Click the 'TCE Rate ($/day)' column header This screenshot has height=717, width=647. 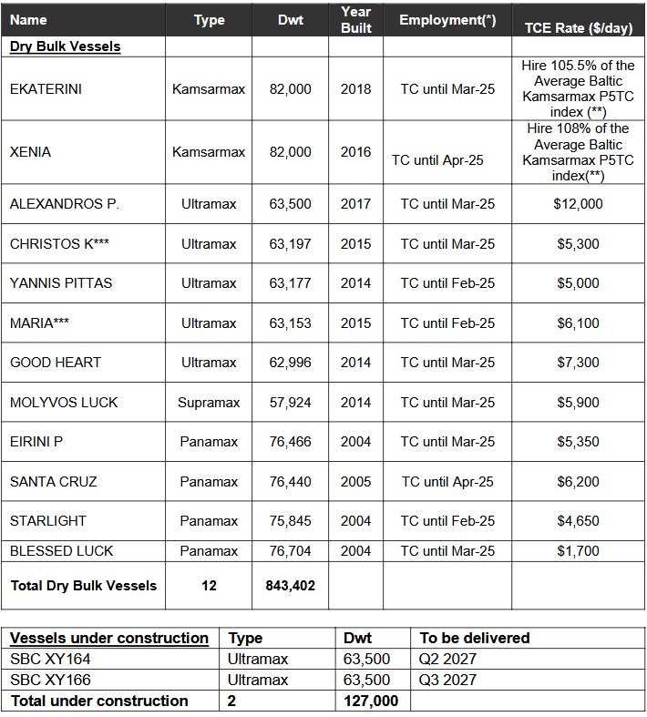[x=578, y=28]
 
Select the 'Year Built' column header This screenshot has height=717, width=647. [x=355, y=20]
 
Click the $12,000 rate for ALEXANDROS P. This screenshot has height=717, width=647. [x=578, y=204]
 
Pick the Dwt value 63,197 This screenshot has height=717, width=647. [x=290, y=244]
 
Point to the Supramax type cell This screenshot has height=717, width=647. [x=209, y=403]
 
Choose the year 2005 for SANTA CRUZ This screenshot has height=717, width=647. [x=355, y=481]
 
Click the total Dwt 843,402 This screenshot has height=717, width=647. [x=290, y=586]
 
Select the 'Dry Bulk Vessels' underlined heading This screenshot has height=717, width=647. [x=65, y=46]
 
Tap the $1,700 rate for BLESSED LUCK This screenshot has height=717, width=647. [x=578, y=551]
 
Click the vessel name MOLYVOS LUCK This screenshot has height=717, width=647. [x=64, y=403]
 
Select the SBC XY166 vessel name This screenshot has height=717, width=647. [x=50, y=681]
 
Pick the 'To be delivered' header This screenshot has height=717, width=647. [x=475, y=639]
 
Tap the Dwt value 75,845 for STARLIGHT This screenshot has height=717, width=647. [x=290, y=521]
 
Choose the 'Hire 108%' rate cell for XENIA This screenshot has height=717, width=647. [x=578, y=152]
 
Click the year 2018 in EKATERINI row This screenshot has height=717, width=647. [x=355, y=89]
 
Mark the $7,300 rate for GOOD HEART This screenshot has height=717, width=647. [x=578, y=363]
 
